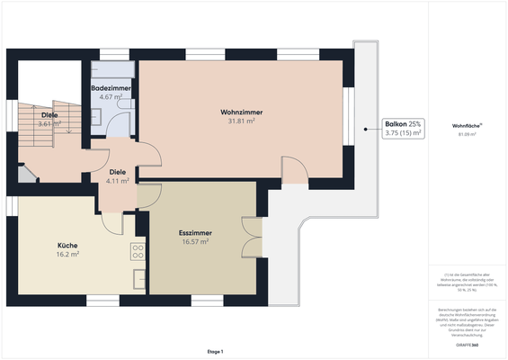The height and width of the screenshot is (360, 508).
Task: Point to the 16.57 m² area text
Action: pos(193,241)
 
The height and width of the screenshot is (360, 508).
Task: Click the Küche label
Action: pos(67,245)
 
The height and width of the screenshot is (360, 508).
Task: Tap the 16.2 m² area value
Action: pos(67,254)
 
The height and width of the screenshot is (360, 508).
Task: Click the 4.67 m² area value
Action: pos(111,97)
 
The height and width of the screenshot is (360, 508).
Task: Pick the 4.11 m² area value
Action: pos(118,180)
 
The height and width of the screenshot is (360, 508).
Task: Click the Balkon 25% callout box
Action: pos(403,128)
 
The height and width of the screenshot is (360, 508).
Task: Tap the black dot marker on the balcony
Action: pos(365,129)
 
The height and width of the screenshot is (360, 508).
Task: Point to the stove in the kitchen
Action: pos(138,248)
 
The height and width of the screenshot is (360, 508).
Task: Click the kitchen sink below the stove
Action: pos(139,276)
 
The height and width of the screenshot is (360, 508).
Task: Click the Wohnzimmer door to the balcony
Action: pos(294,169)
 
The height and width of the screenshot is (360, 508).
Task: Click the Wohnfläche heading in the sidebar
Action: pos(466,125)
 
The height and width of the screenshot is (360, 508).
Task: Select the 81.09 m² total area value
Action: pos(466,134)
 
